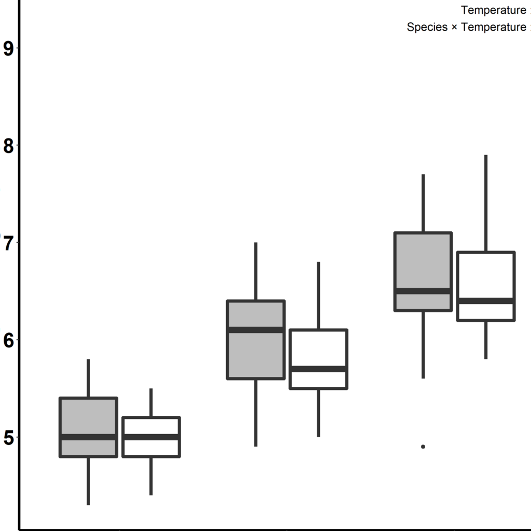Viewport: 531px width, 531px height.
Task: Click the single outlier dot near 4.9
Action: [x=423, y=446]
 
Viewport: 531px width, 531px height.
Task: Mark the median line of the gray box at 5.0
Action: [x=89, y=437]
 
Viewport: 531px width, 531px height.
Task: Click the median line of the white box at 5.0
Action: [x=151, y=437]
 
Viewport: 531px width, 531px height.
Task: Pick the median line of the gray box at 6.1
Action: [x=256, y=330]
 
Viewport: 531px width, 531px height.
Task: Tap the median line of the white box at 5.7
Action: [x=318, y=369]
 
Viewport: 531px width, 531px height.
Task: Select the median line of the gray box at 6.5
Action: [x=423, y=291]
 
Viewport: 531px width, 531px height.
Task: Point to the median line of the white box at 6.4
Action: [x=486, y=301]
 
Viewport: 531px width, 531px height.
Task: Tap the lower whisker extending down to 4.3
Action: [x=89, y=480]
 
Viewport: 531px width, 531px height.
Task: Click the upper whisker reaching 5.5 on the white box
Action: [x=151, y=402]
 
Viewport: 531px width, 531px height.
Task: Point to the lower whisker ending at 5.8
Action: [x=486, y=340]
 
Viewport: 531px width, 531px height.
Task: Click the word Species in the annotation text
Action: [x=427, y=27]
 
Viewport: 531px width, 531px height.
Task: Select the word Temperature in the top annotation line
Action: [x=493, y=10]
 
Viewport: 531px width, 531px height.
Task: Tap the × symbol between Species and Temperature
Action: [x=454, y=27]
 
